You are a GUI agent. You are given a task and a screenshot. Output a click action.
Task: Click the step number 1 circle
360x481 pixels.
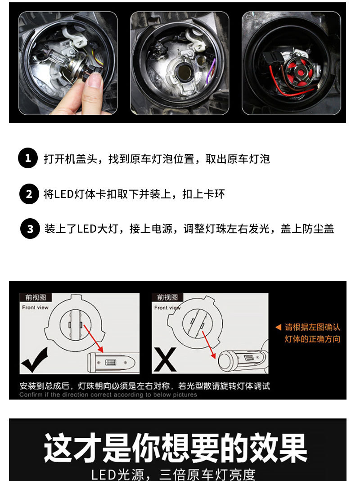(x=28, y=158)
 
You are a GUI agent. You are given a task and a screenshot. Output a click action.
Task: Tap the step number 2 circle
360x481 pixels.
(x=29, y=194)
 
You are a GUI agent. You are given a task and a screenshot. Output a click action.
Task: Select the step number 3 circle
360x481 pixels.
(x=30, y=229)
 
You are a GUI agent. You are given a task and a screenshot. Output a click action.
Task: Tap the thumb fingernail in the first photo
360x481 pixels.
(x=95, y=81)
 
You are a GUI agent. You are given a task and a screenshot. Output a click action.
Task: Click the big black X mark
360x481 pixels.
(x=165, y=360)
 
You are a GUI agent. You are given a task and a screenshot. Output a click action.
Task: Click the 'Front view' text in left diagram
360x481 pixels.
(x=35, y=307)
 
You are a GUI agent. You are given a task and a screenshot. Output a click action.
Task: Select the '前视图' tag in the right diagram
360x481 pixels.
(x=167, y=297)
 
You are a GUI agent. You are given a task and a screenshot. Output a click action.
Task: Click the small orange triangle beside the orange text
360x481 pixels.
(x=278, y=327)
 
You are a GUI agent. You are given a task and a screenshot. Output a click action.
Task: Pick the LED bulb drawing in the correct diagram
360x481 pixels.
(x=112, y=362)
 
